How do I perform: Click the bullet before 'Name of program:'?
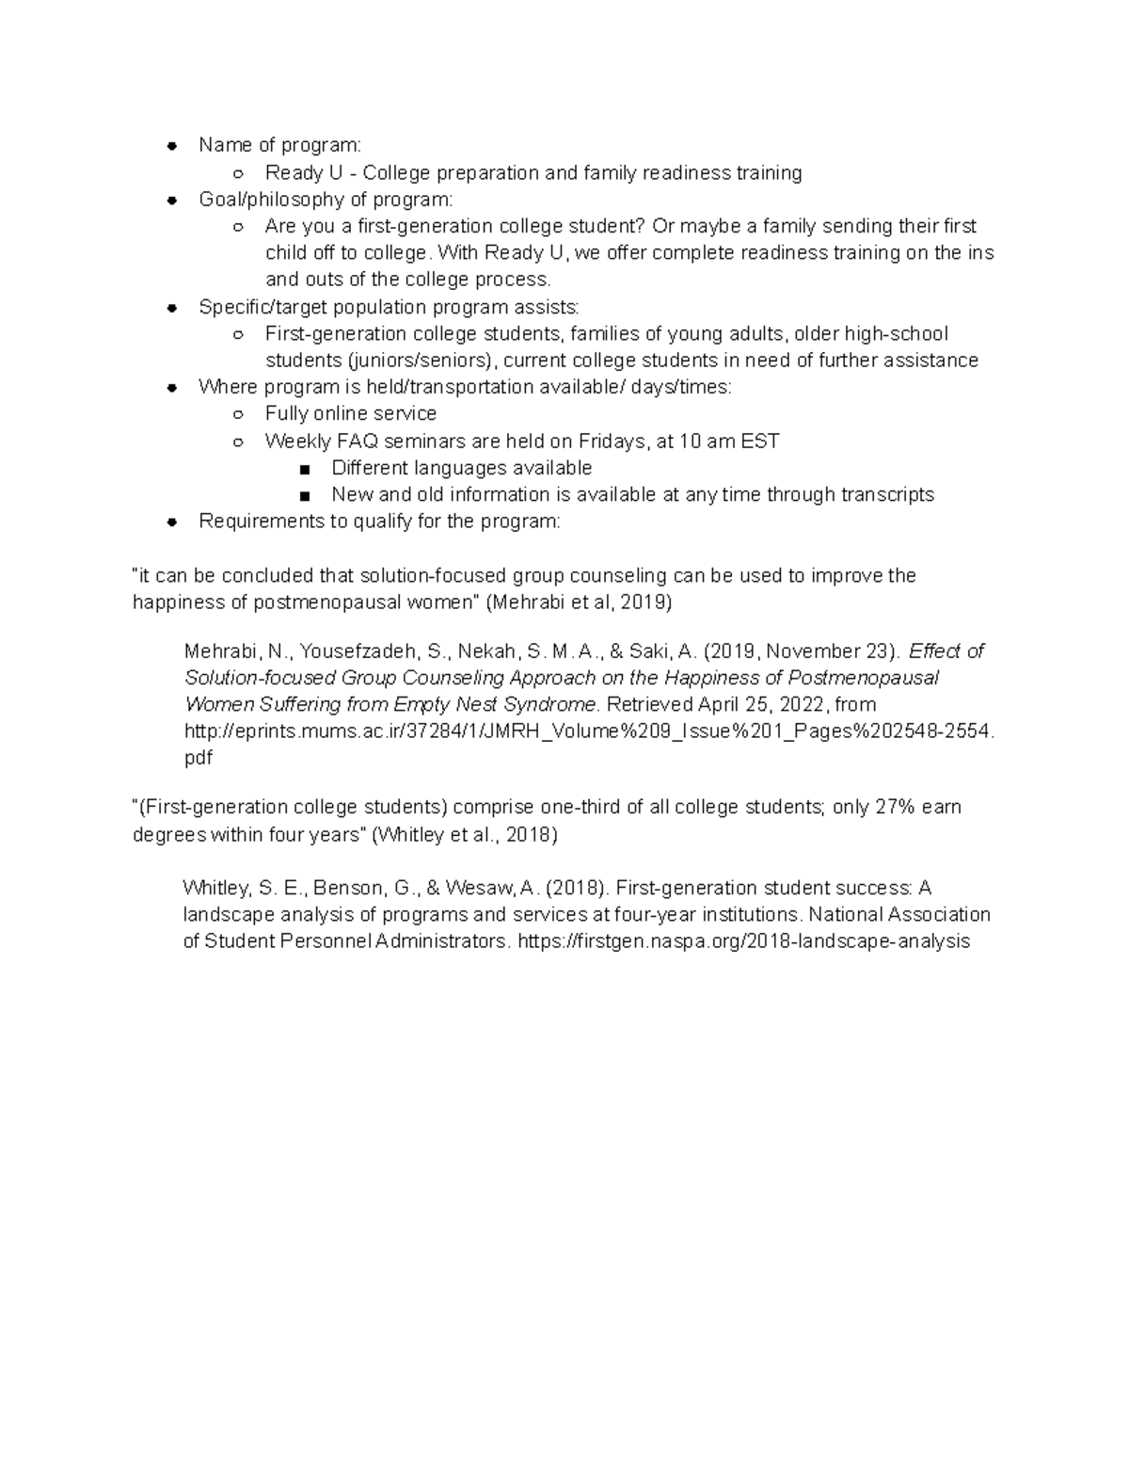point(172,146)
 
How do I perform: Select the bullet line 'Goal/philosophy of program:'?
point(326,200)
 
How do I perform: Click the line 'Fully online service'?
point(350,414)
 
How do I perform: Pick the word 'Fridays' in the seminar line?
point(611,442)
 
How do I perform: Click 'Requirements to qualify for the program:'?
point(379,522)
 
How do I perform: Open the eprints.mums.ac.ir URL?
point(589,731)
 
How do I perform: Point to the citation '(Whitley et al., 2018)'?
point(465,835)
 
